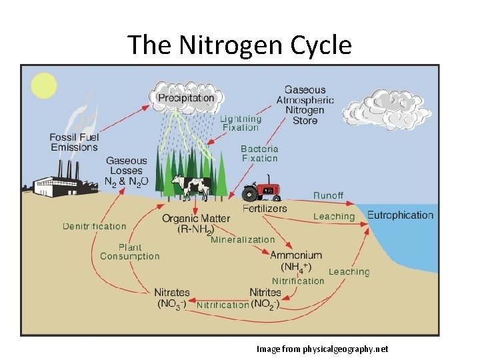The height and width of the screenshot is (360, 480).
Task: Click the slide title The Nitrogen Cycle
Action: [x=239, y=45]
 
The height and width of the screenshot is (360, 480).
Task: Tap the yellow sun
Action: [x=44, y=86]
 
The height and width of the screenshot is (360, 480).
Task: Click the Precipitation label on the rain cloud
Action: [x=186, y=98]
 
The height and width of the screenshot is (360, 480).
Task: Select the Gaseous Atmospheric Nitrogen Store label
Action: [x=305, y=105]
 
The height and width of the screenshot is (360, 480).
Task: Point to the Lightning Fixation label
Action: [x=241, y=123]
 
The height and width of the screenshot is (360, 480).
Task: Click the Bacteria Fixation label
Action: [x=259, y=153]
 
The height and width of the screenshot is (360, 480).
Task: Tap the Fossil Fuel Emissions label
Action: [x=74, y=142]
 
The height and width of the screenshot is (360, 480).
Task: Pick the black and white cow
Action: [x=192, y=187]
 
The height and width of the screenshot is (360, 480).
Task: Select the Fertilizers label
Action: [x=265, y=208]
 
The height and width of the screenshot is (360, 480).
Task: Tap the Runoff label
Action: [x=329, y=195]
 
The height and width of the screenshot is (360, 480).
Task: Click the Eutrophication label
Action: [x=400, y=215]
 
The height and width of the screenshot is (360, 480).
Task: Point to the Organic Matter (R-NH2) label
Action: [x=196, y=224]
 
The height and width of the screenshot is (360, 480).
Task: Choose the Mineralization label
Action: [x=243, y=239]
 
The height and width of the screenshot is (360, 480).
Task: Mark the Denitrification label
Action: [x=94, y=227]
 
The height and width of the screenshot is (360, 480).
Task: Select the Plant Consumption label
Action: [x=130, y=251]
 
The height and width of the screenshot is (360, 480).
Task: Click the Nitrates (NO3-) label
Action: [x=172, y=298]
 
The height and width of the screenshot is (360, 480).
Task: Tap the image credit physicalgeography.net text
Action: [x=322, y=349]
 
